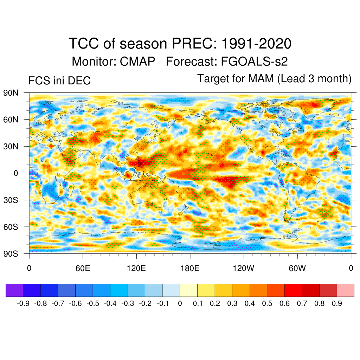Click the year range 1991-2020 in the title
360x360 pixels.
(256, 44)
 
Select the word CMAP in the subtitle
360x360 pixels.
(137, 62)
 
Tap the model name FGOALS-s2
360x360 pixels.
(254, 62)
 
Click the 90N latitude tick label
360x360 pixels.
(11, 93)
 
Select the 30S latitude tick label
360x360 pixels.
(11, 200)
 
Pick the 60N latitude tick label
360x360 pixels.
(11, 120)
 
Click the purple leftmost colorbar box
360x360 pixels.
(14, 290)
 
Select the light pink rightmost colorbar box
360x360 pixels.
(346, 290)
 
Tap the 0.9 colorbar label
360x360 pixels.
(337, 303)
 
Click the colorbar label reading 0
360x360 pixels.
(180, 303)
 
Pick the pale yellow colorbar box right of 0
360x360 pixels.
(188, 290)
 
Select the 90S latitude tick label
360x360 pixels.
(11, 254)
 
